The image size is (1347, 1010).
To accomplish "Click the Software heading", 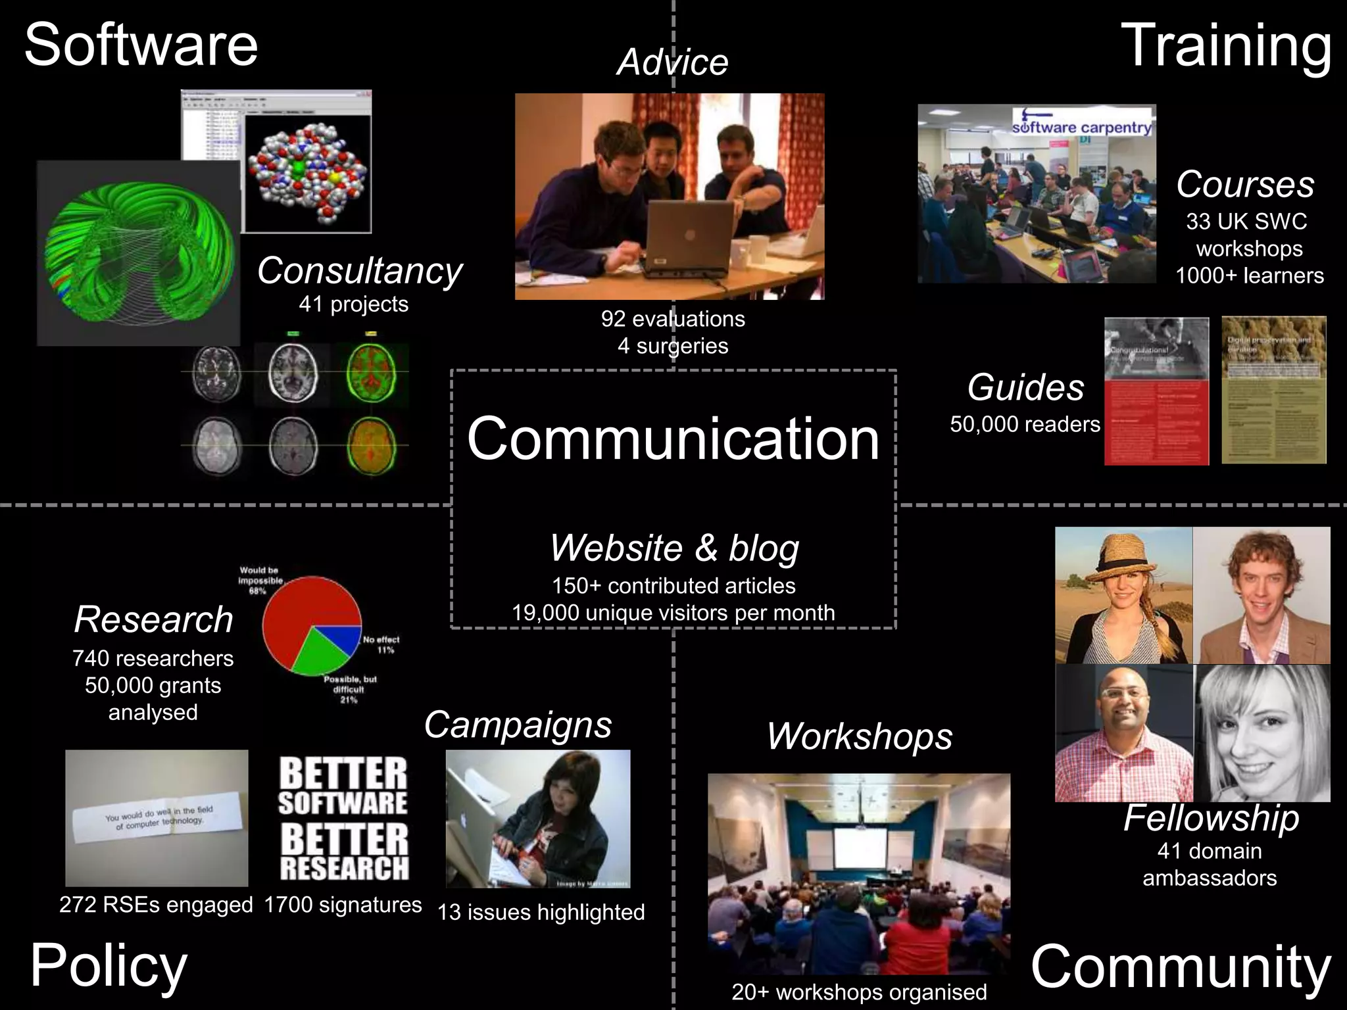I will point(141,45).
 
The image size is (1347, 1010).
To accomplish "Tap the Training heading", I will point(1226,45).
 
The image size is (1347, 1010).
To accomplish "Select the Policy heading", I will point(109,965).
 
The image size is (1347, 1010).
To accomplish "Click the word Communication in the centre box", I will point(673,439).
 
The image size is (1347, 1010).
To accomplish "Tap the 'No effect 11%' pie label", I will point(381,644).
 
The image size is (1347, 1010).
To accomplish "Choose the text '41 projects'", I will point(353,304).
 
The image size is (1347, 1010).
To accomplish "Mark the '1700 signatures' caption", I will point(343,905).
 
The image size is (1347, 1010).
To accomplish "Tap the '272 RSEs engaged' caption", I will point(156,905).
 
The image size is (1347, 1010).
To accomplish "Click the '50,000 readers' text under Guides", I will point(1025,424).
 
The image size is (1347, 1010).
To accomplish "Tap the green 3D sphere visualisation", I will point(138,253).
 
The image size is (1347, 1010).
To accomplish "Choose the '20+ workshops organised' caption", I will point(859,992).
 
